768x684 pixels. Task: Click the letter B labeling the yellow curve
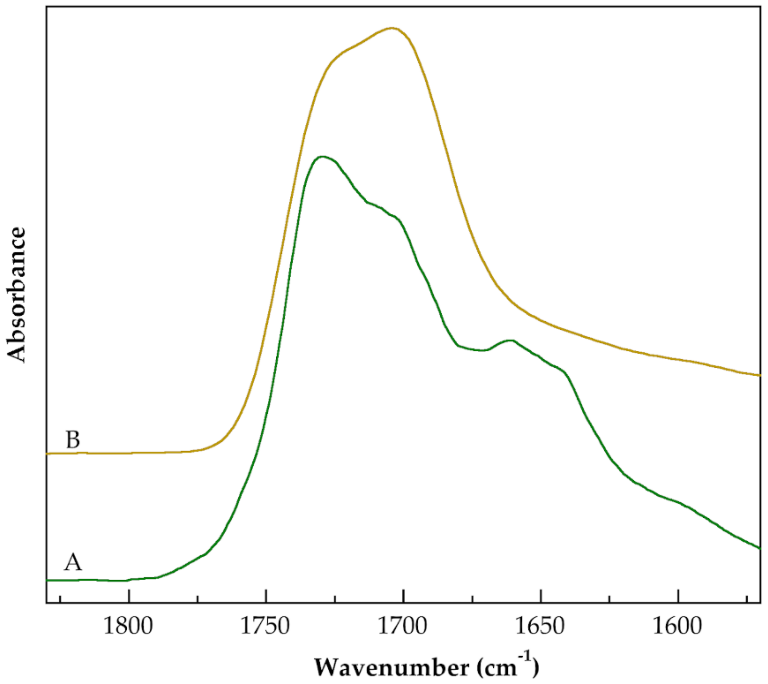point(73,440)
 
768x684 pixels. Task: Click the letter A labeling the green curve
point(73,563)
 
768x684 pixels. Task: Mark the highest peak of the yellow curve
point(392,28)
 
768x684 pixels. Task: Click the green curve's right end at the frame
point(760,548)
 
